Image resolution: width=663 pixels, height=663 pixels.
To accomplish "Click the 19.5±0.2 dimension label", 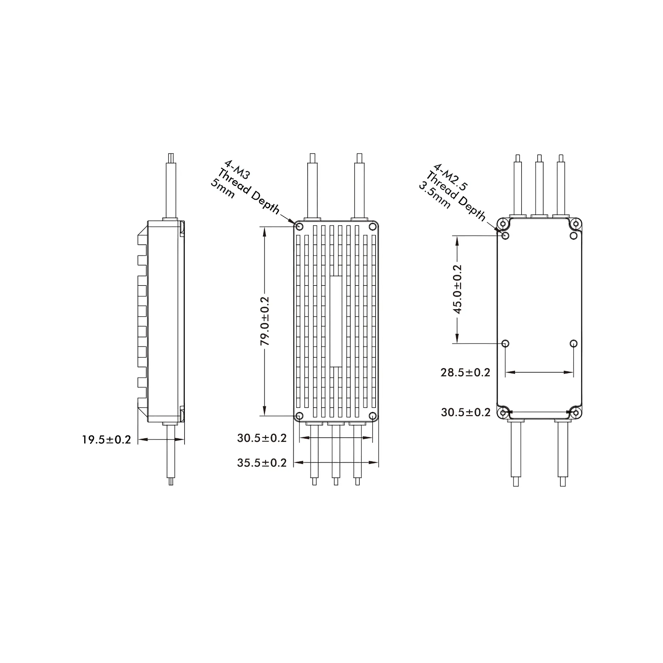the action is [x=107, y=440].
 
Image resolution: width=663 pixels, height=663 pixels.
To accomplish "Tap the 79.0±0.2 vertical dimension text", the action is [x=264, y=321].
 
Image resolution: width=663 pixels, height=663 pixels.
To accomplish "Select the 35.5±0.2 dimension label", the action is [x=262, y=463].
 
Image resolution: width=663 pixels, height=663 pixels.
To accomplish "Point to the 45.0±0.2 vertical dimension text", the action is [x=457, y=289].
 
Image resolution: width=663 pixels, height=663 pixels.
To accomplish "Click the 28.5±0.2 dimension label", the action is [x=465, y=372].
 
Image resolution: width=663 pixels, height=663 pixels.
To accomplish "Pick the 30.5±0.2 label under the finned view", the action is [x=262, y=438].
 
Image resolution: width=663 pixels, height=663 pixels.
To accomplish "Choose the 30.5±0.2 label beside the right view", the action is [x=466, y=412].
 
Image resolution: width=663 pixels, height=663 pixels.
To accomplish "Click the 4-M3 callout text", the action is [x=237, y=170].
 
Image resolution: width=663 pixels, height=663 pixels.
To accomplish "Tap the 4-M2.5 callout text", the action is [x=450, y=177].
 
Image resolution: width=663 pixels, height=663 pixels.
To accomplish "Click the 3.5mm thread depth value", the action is [x=434, y=196].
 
